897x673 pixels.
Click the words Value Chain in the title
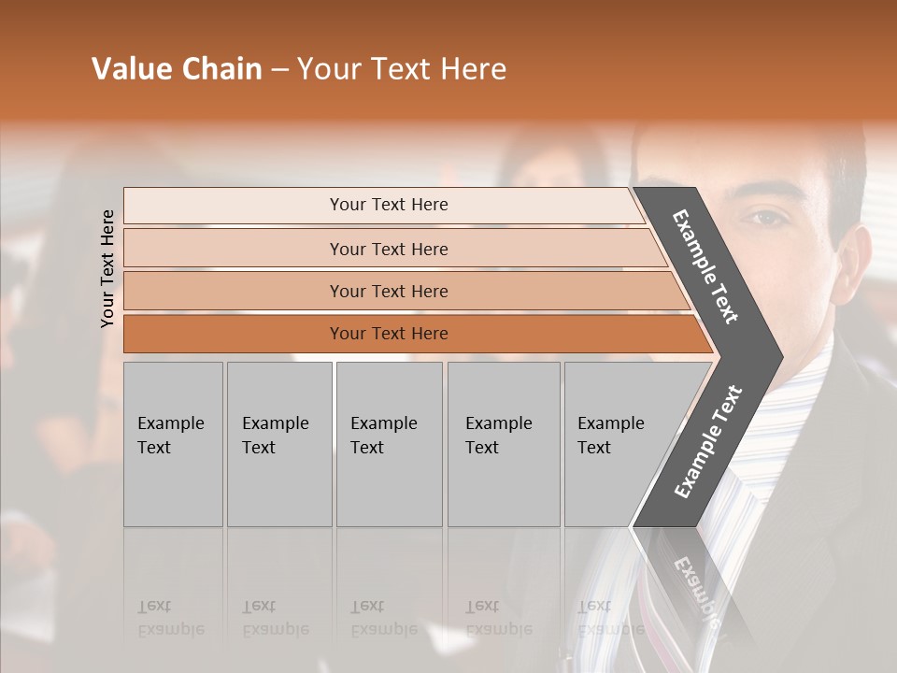(x=177, y=69)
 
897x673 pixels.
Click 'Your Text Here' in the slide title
(x=402, y=69)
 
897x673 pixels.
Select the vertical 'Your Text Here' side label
(x=107, y=268)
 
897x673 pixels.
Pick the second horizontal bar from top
(x=388, y=249)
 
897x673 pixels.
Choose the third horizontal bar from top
(x=388, y=292)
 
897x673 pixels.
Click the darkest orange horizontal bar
(x=388, y=334)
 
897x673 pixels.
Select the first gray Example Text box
(x=173, y=444)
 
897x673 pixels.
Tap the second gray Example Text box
(x=278, y=444)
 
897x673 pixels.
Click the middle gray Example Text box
(x=389, y=444)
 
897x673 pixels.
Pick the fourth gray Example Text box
(x=503, y=444)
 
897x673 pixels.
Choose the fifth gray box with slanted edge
(x=617, y=444)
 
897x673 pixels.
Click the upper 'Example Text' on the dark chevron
(x=705, y=267)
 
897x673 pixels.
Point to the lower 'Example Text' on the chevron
(x=708, y=441)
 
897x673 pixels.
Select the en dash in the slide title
(x=279, y=70)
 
